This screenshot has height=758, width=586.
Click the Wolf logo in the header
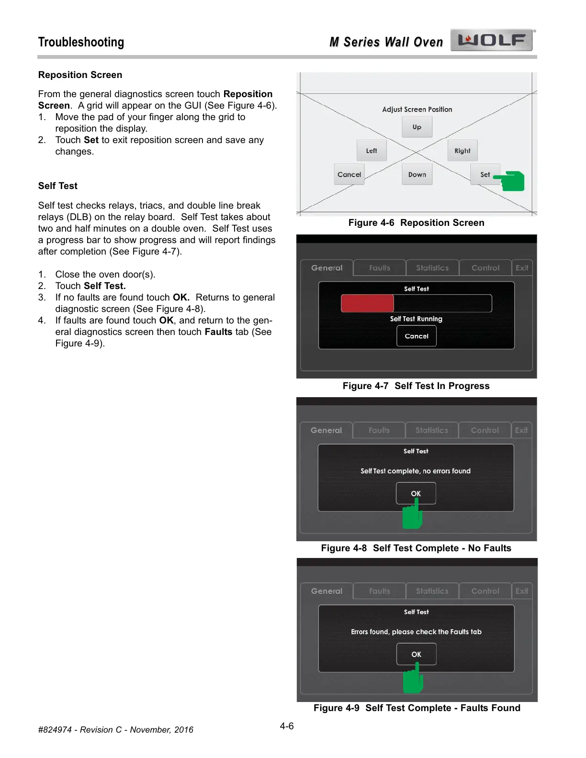coord(491,40)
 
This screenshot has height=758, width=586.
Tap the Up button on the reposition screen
coord(417,127)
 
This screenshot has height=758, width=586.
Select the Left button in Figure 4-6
coord(372,151)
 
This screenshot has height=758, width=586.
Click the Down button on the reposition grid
coord(417,175)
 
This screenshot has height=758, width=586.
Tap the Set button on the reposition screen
coord(485,175)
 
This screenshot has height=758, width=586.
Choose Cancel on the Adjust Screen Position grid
coord(349,175)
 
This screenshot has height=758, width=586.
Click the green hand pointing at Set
coord(511,181)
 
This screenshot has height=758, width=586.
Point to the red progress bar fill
coord(367,303)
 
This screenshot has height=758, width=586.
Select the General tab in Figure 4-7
coord(327,268)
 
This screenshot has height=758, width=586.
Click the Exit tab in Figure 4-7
coord(522,268)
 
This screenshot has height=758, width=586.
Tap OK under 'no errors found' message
coord(416,493)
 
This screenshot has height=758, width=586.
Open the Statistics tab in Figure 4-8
coord(432,430)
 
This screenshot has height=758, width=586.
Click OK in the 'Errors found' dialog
coord(416,654)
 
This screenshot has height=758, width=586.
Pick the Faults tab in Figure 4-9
coord(380,591)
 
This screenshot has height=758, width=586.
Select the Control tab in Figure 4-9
coord(485,591)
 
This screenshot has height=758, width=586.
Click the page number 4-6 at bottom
coord(287,726)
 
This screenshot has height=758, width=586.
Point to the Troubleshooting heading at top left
coord(81,42)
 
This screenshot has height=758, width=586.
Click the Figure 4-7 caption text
coord(416,386)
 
